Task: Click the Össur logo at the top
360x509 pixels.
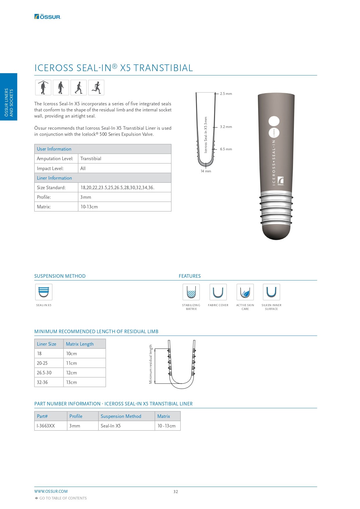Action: pos(48,17)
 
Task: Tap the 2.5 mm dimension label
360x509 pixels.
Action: pos(226,94)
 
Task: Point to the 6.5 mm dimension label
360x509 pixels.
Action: pos(226,149)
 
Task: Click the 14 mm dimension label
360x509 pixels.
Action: pos(206,171)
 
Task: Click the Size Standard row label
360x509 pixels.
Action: pos(51,187)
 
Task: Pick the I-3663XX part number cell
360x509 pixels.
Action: pos(46,426)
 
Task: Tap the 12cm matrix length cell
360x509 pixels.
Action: pos(72,373)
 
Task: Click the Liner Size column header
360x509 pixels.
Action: pos(47,344)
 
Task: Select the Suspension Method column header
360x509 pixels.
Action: pos(121,416)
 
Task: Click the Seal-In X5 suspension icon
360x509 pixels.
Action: pos(44,292)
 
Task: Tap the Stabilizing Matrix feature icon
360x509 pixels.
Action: pos(191,292)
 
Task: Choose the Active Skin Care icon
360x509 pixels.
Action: pos(245,292)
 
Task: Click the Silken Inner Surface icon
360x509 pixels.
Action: pos(272,292)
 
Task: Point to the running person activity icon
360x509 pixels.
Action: pos(96,87)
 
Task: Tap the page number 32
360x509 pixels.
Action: pos(176,492)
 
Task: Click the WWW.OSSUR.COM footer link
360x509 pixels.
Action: pos(51,491)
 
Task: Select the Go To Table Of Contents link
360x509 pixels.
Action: pos(63,498)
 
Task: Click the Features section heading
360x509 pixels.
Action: pos(190,276)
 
